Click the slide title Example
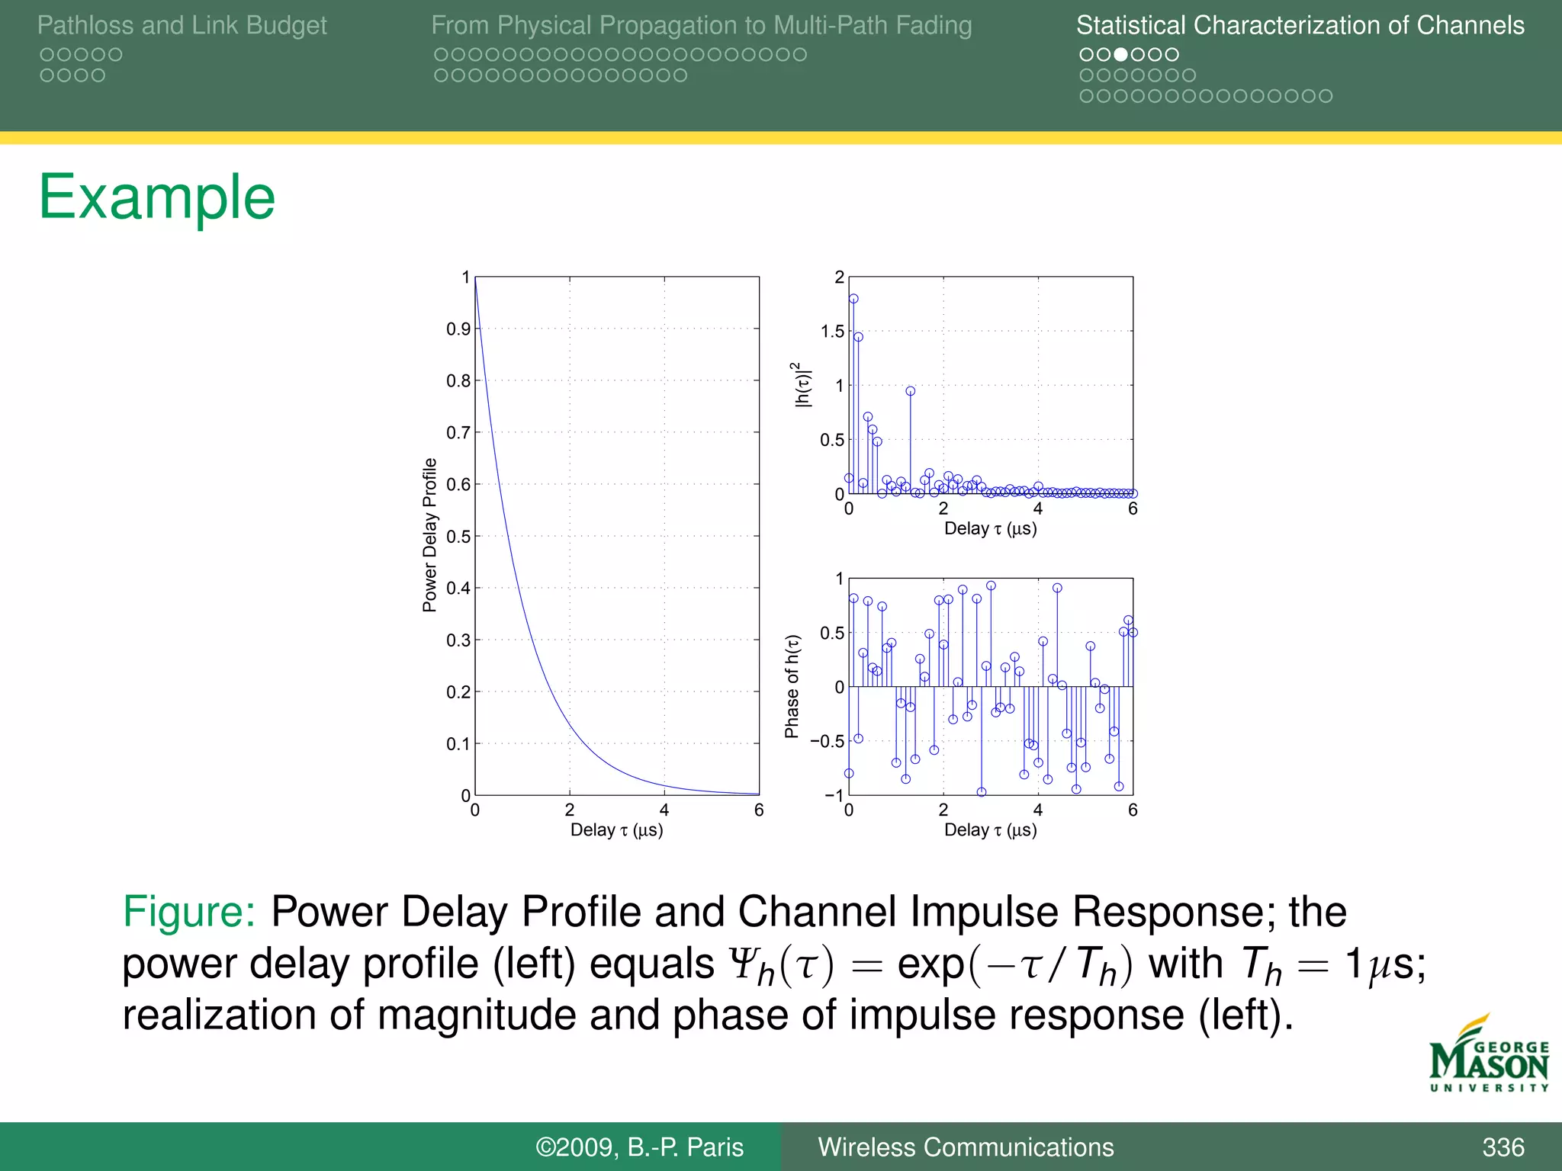click(x=156, y=197)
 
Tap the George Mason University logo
click(x=1488, y=1057)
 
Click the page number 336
click(x=1503, y=1147)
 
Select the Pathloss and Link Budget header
click(x=182, y=25)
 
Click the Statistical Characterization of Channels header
click(x=1300, y=25)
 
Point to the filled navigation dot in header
click(x=1120, y=55)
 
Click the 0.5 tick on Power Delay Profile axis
click(x=458, y=536)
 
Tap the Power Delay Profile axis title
click(x=429, y=535)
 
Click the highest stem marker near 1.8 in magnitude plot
click(x=853, y=299)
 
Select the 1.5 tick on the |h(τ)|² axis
click(x=831, y=332)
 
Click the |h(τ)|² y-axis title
click(x=802, y=385)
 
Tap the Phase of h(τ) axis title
click(x=792, y=686)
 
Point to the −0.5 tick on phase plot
click(x=827, y=741)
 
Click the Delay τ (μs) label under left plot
click(x=616, y=830)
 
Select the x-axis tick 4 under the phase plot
click(x=1037, y=810)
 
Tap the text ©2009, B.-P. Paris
click(x=639, y=1147)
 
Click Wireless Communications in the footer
click(x=966, y=1147)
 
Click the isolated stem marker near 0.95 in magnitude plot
click(x=910, y=391)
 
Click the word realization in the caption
click(x=219, y=1015)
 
